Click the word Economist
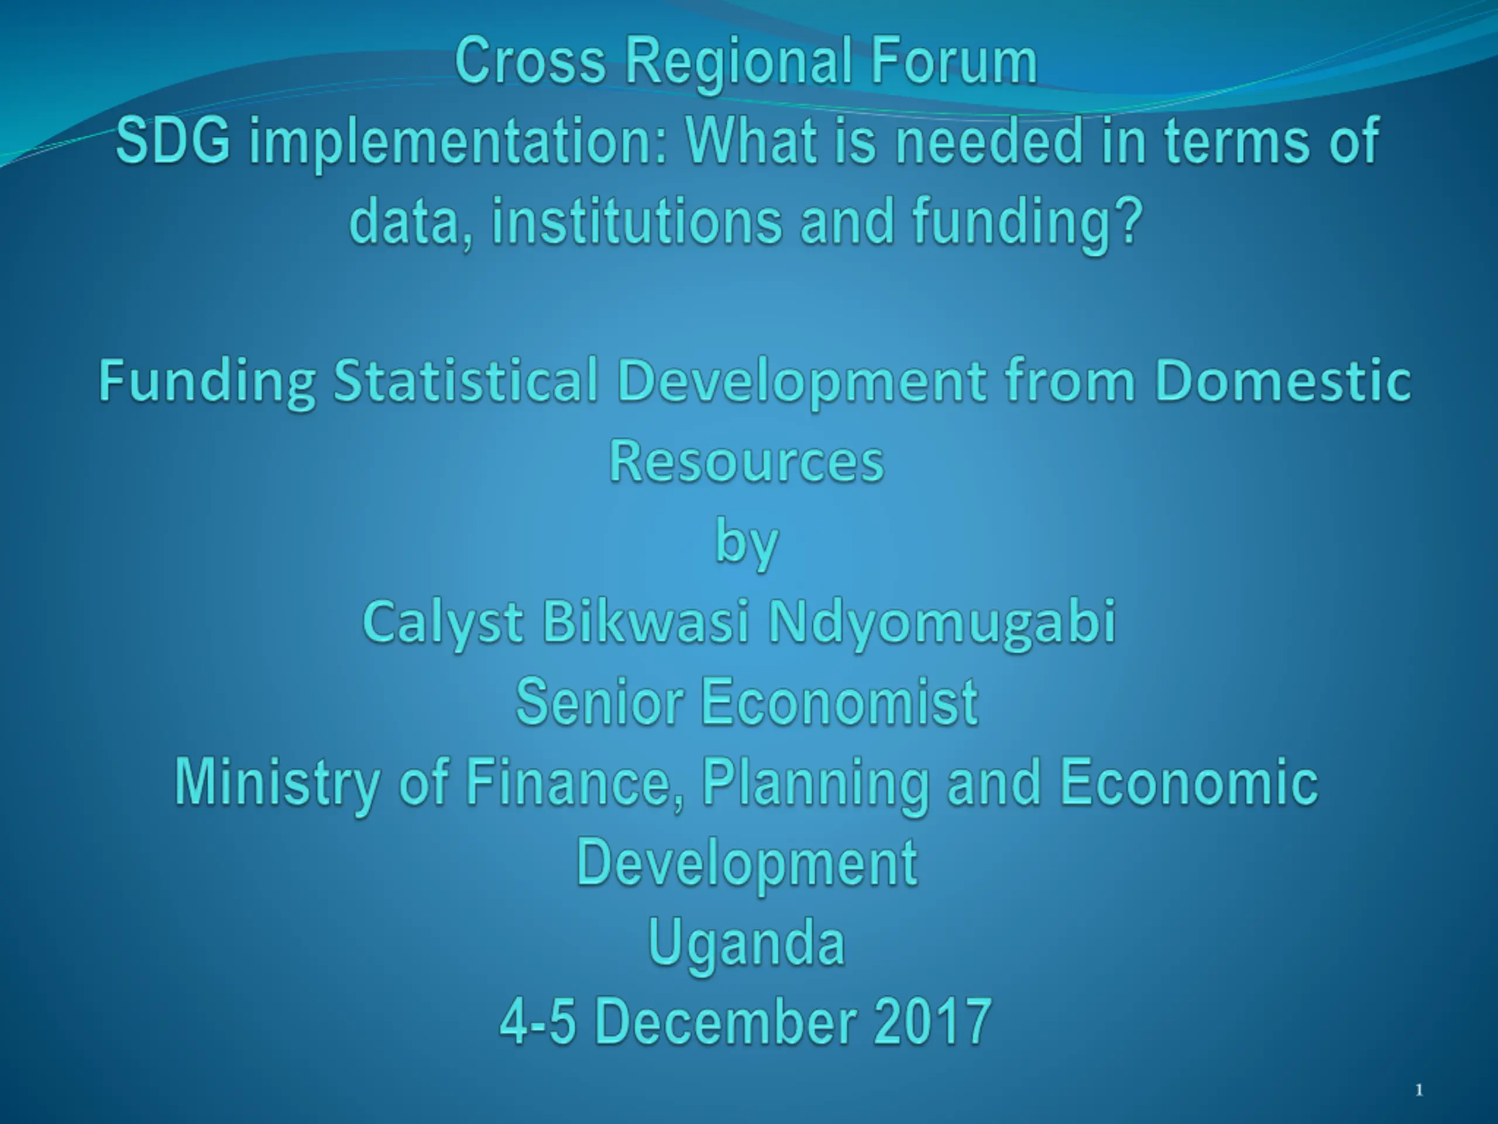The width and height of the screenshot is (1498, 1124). point(840,702)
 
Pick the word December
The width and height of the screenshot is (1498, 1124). point(725,1022)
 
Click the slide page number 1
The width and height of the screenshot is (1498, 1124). point(1419,1090)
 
